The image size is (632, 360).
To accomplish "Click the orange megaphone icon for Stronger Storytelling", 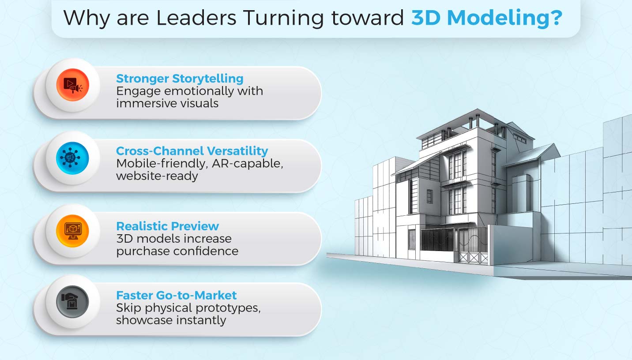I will pos(73,85).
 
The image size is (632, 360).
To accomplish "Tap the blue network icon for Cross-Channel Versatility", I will pos(73,158).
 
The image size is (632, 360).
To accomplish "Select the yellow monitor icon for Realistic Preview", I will pos(73,231).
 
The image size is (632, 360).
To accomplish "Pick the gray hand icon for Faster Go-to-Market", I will pos(73,302).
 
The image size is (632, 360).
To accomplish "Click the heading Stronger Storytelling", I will pos(180,79).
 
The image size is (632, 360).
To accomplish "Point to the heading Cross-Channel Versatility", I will pos(192,151).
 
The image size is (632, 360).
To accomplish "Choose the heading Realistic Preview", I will pos(167,226).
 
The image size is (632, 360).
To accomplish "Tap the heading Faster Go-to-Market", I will pos(176,295).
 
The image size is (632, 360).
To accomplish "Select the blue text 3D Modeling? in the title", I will pos(486,18).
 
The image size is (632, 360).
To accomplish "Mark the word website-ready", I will pos(157,176).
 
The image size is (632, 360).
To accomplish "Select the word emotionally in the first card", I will pos(194,91).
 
